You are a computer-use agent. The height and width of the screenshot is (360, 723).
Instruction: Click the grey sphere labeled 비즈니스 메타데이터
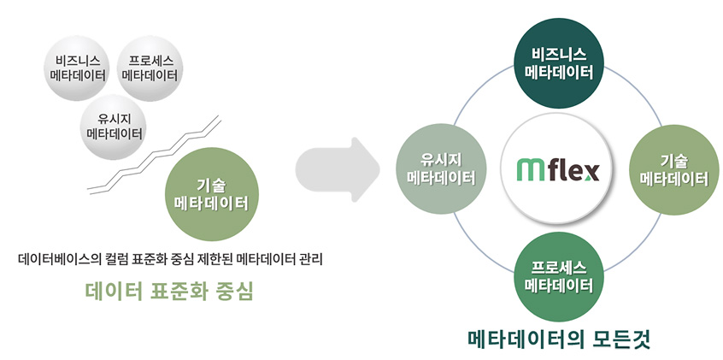pyautogui.click(x=77, y=68)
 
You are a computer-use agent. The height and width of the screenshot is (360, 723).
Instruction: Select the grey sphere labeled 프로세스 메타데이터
pyautogui.click(x=150, y=68)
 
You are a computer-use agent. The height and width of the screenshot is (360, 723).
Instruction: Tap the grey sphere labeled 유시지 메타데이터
pyautogui.click(x=113, y=127)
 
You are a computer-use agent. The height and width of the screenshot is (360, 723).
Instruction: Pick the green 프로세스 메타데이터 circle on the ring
pyautogui.click(x=558, y=277)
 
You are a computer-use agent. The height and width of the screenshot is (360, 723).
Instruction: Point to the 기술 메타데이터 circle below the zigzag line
pyautogui.click(x=212, y=194)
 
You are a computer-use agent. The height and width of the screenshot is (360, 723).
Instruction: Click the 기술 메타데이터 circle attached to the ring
pyautogui.click(x=674, y=170)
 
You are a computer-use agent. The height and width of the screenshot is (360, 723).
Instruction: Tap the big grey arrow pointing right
pyautogui.click(x=337, y=169)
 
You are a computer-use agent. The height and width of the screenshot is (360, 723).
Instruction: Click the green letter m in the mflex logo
pyautogui.click(x=528, y=170)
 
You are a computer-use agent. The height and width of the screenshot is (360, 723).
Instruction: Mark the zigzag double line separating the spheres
pyautogui.click(x=155, y=155)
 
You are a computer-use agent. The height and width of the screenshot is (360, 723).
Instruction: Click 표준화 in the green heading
pyautogui.click(x=178, y=290)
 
